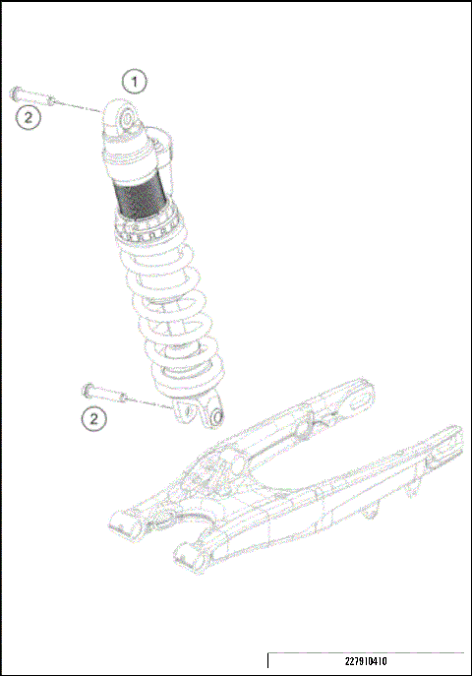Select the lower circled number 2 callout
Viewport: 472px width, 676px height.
(93, 419)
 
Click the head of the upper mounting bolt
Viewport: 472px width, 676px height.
(15, 92)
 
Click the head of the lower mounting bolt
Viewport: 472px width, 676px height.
(89, 387)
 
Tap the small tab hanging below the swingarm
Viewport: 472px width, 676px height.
(372, 513)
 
